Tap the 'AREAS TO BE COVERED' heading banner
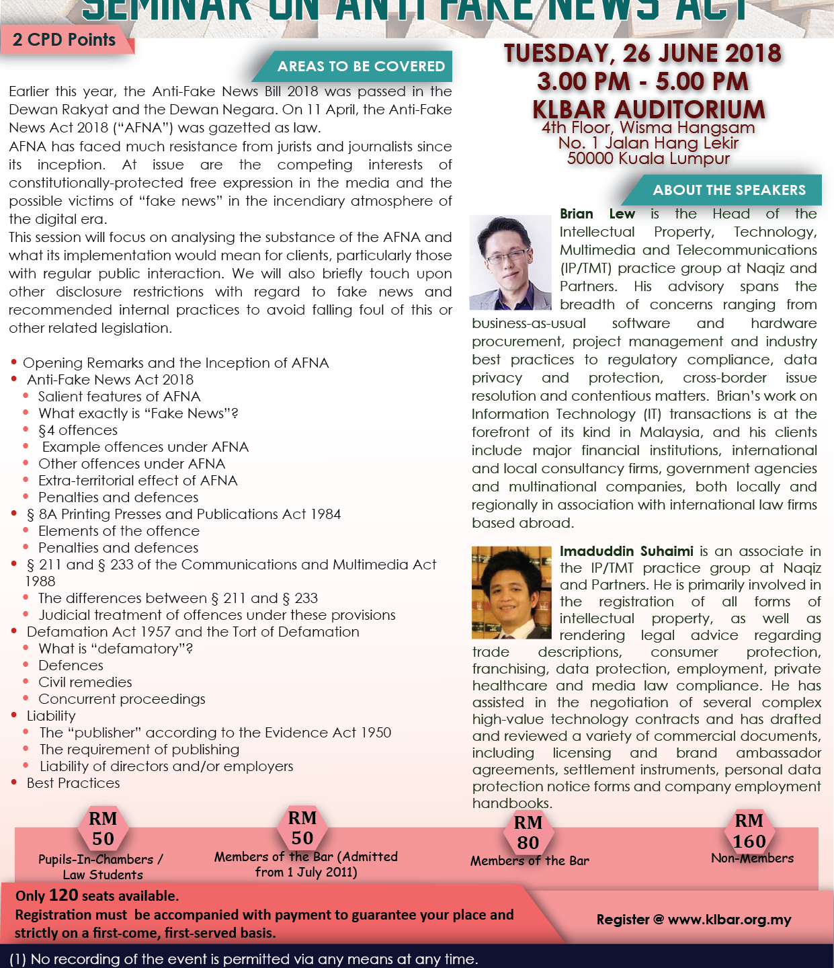pos(361,67)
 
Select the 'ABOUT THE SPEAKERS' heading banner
pos(728,190)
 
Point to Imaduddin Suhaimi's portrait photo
pos(511,592)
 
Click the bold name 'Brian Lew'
pos(597,214)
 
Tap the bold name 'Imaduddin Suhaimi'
pos(626,551)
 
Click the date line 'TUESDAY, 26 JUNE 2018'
pos(642,53)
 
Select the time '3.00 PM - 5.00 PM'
pos(642,81)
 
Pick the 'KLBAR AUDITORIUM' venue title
pos(649,109)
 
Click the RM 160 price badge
pos(749,831)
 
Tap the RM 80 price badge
pos(528,832)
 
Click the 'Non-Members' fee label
pos(752,858)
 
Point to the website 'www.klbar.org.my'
pos(729,919)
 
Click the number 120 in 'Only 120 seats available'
pos(63,895)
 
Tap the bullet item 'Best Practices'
pos(73,783)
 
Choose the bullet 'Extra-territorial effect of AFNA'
pos(138,481)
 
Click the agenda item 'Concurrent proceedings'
pos(122,699)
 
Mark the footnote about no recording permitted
pos(243,959)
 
